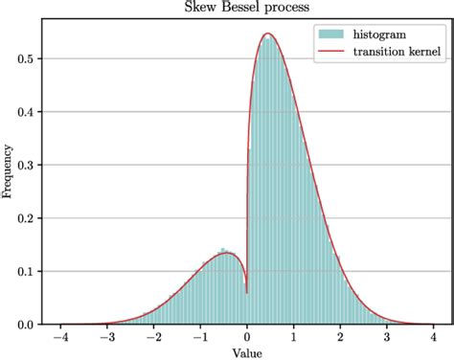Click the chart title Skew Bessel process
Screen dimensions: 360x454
pos(247,9)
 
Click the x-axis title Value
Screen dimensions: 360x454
pos(247,352)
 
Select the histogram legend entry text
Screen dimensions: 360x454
pos(384,35)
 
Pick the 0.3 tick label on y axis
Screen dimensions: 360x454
pos(29,165)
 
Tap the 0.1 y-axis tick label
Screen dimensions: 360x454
pos(29,271)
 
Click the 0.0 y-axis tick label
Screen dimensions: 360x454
pos(29,325)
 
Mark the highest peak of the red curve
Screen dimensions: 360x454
pos(268,34)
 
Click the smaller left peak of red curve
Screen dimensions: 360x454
pos(224,252)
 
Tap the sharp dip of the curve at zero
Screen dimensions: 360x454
pos(246,291)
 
